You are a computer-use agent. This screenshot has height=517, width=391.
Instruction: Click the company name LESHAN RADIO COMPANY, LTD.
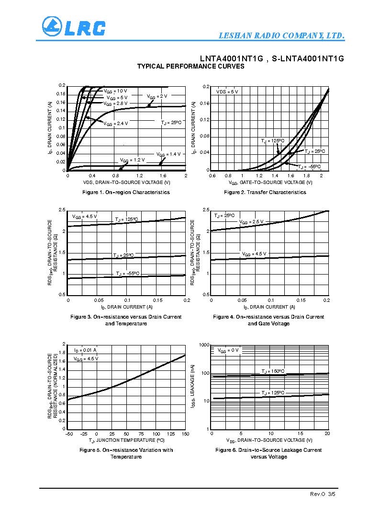(x=281, y=36)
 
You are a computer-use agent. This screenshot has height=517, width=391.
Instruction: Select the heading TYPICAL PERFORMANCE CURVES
(x=190, y=67)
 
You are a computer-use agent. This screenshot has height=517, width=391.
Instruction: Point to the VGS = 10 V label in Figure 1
(x=115, y=91)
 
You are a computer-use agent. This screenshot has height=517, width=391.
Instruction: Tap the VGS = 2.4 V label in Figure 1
(x=116, y=124)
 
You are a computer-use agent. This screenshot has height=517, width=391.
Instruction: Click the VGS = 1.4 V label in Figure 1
(x=168, y=154)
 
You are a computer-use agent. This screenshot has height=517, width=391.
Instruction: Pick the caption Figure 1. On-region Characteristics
(x=126, y=192)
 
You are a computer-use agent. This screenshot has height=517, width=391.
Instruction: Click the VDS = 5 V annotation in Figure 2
(x=227, y=92)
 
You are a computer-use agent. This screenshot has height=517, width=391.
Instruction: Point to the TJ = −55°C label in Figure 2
(x=309, y=167)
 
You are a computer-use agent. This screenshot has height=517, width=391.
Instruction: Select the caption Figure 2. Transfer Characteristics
(x=265, y=192)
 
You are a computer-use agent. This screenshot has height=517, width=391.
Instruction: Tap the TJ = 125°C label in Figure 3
(x=126, y=219)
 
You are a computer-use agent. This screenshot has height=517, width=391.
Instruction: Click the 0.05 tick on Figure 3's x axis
(x=98, y=300)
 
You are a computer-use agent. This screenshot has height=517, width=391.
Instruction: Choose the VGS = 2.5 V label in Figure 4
(x=251, y=222)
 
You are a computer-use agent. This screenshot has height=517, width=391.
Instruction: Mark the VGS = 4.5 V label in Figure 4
(x=254, y=254)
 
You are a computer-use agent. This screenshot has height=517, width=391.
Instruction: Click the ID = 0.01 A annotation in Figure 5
(x=85, y=350)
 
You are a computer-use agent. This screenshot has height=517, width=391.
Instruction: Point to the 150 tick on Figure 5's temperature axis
(x=185, y=433)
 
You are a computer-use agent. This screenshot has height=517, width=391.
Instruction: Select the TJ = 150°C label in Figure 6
(x=273, y=371)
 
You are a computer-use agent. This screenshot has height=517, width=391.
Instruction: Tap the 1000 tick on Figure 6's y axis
(x=204, y=345)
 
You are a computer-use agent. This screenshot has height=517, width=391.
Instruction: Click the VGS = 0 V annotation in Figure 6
(x=228, y=351)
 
